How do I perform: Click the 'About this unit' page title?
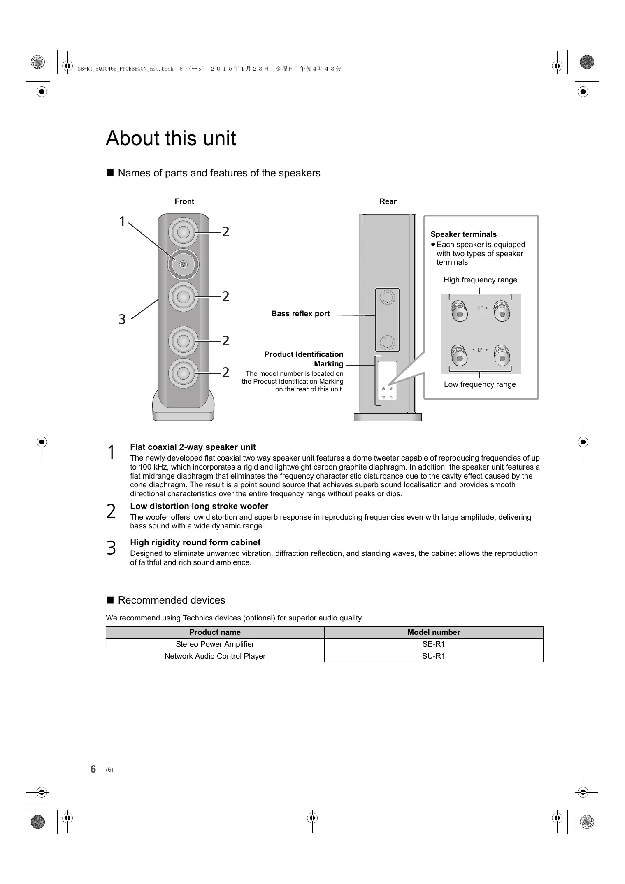171,138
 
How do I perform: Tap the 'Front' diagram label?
184,201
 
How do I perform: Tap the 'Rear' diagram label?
388,201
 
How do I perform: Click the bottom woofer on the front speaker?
183,373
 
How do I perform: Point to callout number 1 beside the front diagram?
122,222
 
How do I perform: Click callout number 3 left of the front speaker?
122,319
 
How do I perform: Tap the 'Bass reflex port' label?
300,314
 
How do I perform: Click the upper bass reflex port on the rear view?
387,297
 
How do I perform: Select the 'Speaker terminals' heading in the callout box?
463,234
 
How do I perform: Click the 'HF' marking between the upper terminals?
480,308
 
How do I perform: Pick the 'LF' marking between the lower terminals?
480,350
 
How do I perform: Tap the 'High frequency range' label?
480,280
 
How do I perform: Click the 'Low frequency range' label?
480,384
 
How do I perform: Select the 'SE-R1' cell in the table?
433,644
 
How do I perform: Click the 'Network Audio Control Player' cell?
215,656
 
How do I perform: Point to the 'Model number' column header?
433,632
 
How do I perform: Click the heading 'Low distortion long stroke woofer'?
199,506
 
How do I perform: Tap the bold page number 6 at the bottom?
93,769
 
